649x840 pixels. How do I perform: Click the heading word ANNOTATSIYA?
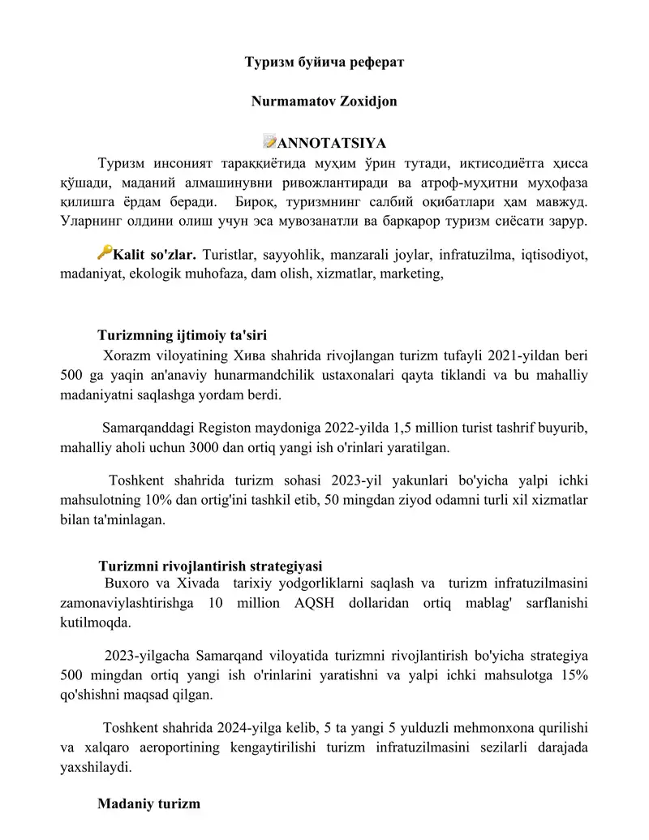click(331, 144)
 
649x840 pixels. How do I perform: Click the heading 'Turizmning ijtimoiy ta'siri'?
click(183, 334)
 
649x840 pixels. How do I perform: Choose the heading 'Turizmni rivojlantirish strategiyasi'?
click(210, 566)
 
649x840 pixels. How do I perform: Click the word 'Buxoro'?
click(127, 584)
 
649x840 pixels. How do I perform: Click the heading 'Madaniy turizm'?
click(148, 804)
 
